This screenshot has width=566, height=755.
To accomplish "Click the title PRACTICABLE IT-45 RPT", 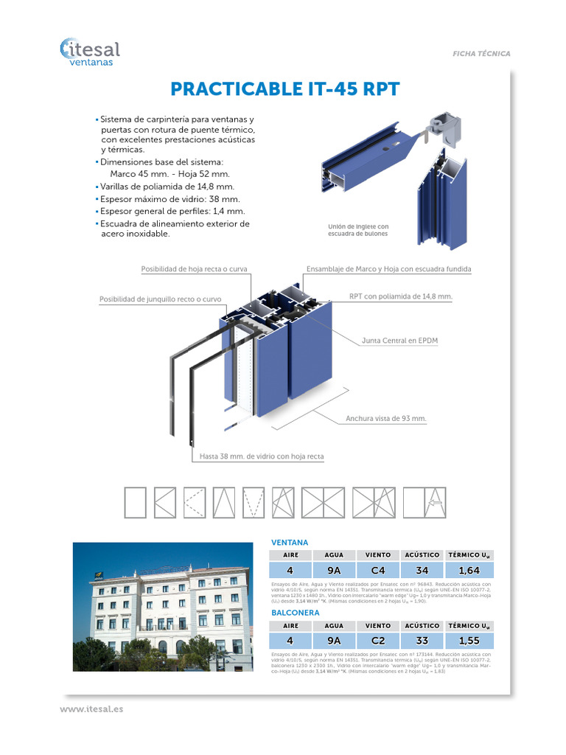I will point(284,89).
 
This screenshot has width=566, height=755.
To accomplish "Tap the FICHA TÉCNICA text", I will point(481,54).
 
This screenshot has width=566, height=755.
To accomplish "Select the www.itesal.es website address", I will point(91,709).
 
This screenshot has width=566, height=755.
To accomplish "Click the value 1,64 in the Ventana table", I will point(469,570).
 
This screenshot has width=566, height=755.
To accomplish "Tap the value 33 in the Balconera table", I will point(422,640).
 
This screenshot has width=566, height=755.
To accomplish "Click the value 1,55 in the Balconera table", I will point(469,640).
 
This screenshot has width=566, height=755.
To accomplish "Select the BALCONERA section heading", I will point(295,612).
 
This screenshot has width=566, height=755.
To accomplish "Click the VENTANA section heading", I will point(290,542).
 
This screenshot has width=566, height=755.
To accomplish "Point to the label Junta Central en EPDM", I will point(399,341).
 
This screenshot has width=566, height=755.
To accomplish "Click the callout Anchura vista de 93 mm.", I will point(386,418).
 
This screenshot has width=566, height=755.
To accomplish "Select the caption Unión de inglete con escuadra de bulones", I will point(357,230).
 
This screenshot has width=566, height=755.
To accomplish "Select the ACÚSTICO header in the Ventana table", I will point(422,554).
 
